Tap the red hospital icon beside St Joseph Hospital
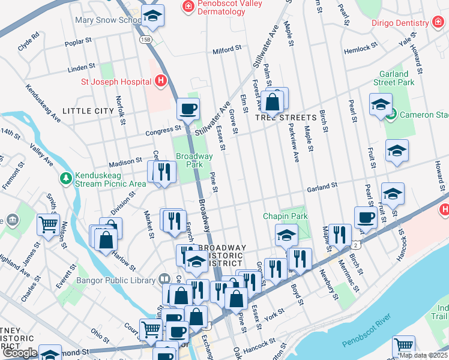point(160,80)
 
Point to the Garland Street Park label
point(394,78)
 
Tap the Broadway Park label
point(194,160)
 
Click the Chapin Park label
point(285,215)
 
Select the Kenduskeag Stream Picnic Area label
point(111,181)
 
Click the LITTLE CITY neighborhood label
point(88,111)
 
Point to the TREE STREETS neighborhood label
point(285,118)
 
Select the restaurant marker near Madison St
point(164,172)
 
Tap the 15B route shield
point(145,39)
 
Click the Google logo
point(20,353)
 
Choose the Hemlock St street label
point(361,50)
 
